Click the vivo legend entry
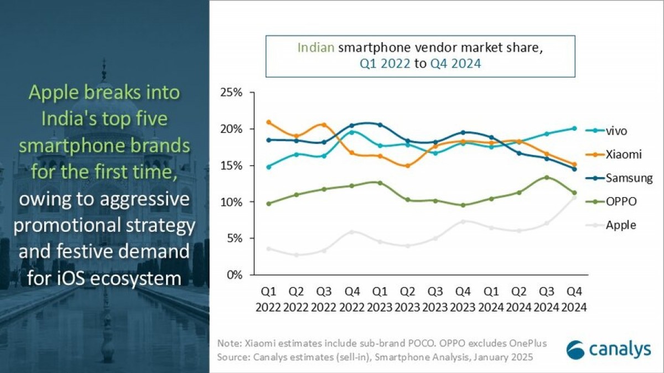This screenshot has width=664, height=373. click(616, 131)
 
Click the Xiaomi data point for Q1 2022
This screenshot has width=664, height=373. click(269, 122)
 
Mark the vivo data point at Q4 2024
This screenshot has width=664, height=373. click(574, 128)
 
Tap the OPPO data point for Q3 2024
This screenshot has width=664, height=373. click(546, 178)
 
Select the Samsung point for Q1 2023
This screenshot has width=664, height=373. click(380, 125)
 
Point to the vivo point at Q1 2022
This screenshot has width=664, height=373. click(269, 167)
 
